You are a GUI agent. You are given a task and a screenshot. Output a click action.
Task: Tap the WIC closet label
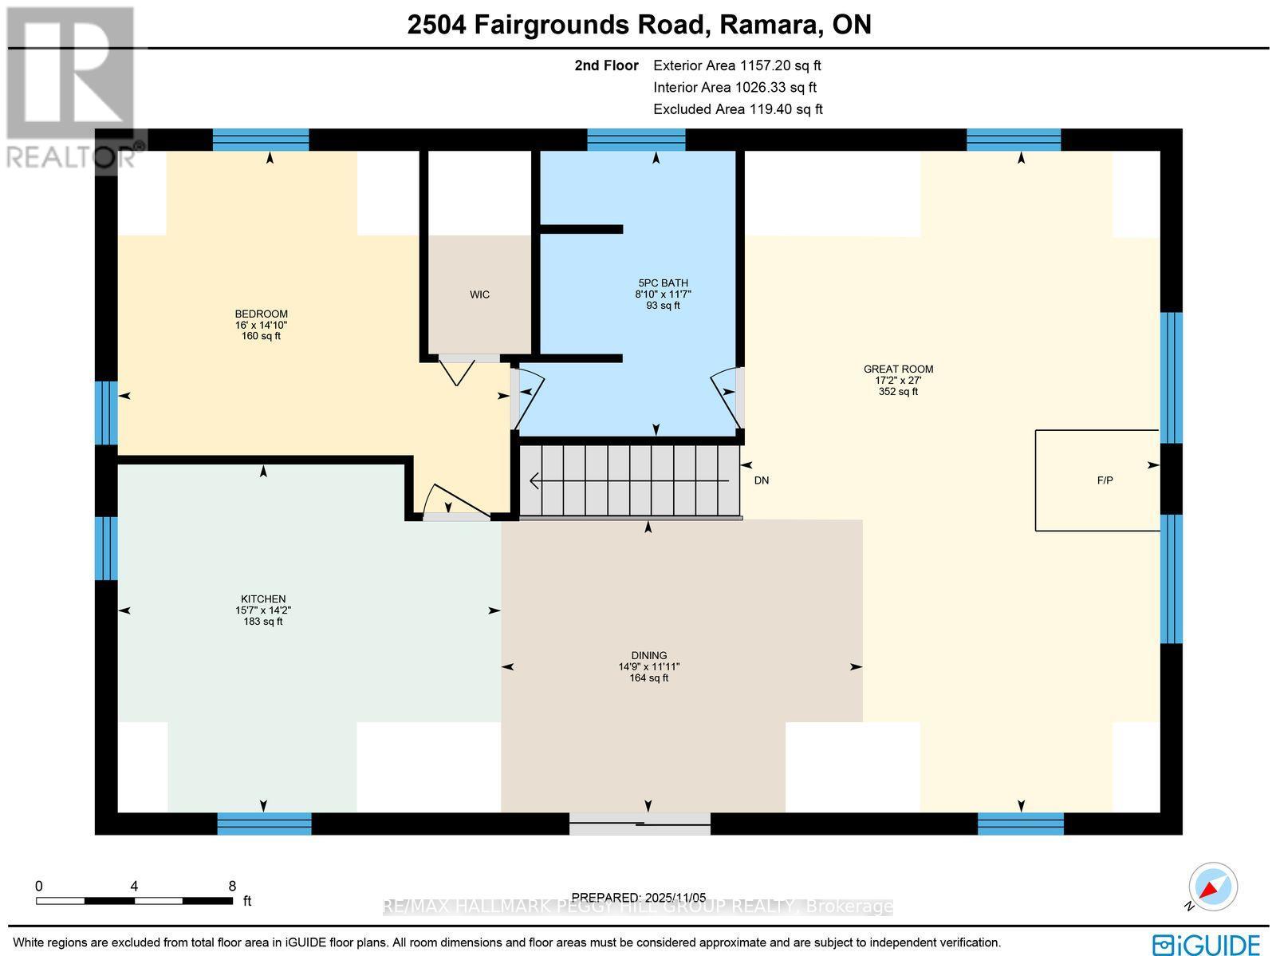coord(479,294)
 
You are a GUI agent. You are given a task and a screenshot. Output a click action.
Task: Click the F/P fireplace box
coord(1097,480)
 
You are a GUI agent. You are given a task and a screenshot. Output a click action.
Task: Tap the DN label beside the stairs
coord(762,480)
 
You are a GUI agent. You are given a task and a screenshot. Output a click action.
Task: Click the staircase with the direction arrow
coord(630,480)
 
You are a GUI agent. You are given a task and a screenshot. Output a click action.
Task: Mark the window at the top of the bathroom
coord(636,140)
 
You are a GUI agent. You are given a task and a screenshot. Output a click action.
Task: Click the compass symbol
coord(1213,887)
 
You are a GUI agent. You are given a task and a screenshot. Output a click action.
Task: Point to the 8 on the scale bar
coord(232,886)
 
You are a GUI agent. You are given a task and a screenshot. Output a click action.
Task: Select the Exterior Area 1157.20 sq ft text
coord(737,65)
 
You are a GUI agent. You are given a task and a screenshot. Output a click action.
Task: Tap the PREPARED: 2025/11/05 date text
coord(639,897)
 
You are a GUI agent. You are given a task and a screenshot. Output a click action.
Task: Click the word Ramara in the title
coord(770,25)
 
